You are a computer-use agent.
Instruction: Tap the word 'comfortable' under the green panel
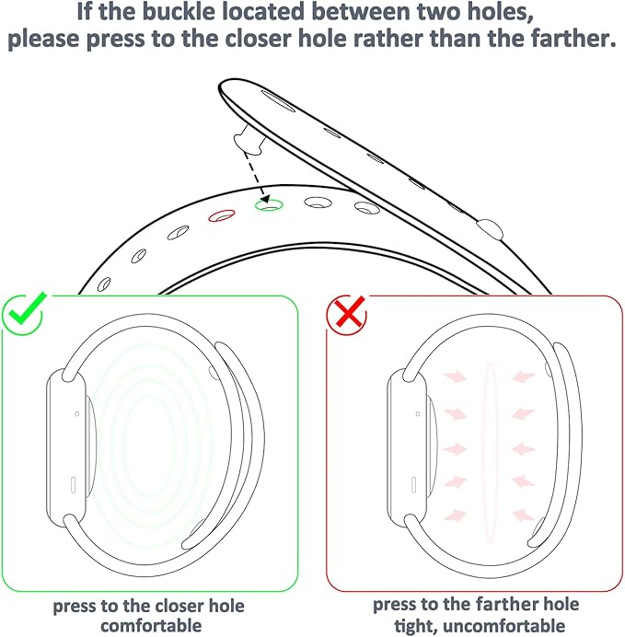click(x=148, y=626)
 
